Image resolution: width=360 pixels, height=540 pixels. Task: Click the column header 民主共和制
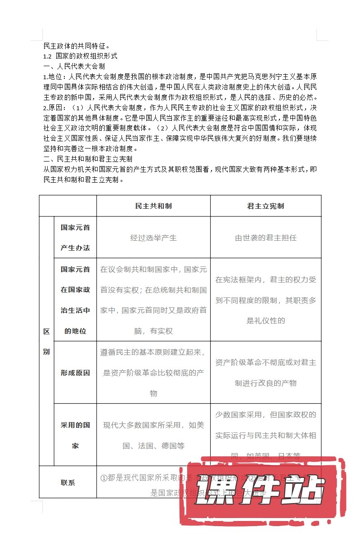pos(153,206)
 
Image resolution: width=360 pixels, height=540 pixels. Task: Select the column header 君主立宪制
pos(265,206)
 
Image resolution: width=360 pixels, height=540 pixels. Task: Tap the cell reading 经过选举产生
pos(153,238)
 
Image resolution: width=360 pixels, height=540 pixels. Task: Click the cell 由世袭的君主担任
pos(265,238)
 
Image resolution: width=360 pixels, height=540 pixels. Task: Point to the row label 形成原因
pos(75,373)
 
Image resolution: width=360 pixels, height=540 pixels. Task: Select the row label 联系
pos(68,482)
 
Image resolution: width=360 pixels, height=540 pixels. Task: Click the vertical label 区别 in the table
pos(46,342)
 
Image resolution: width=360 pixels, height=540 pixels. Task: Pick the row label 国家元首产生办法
pos(75,238)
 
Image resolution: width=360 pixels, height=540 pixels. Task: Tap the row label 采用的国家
pos(75,435)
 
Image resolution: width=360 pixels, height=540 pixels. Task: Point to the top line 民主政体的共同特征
pos(76,46)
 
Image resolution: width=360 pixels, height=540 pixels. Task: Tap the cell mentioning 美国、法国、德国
pos(153,435)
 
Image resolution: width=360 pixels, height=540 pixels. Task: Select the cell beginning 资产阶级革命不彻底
pos(265,373)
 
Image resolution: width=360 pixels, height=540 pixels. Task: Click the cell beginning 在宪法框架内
pos(265,300)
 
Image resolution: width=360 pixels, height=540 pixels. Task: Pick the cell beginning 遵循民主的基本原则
pos(153,373)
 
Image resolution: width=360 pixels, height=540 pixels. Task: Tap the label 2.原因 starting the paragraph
pos(54,108)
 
